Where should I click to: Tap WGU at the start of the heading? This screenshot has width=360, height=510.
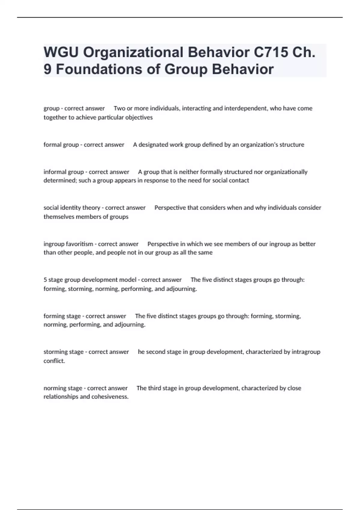(x=61, y=52)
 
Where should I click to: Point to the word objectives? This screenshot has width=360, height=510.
(x=139, y=117)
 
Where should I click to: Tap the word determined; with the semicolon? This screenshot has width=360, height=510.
(x=60, y=180)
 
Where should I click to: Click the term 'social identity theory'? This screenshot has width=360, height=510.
(x=72, y=208)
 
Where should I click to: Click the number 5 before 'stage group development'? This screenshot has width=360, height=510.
(x=45, y=280)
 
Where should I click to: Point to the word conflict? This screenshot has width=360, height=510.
(x=54, y=361)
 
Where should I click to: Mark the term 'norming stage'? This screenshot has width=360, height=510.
(x=63, y=388)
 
